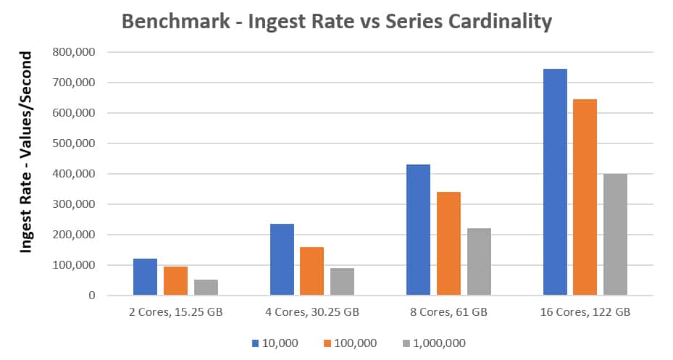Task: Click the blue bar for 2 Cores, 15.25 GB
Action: (x=145, y=277)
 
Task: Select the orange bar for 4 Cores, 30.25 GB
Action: (x=312, y=271)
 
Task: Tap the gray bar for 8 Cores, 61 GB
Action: (x=479, y=261)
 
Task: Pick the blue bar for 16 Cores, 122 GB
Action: (x=555, y=182)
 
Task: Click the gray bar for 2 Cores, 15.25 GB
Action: (x=206, y=287)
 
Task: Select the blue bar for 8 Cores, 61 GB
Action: (x=418, y=230)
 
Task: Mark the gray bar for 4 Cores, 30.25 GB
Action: (x=342, y=281)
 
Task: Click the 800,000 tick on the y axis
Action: (x=75, y=52)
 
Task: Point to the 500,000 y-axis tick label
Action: (x=75, y=143)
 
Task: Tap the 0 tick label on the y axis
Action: (x=91, y=296)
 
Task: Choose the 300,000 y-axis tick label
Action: (x=75, y=204)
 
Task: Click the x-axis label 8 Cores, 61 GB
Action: (x=448, y=312)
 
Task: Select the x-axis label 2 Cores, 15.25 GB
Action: (x=175, y=312)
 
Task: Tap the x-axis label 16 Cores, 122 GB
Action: (x=585, y=312)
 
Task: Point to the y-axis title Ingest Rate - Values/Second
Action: (x=27, y=152)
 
